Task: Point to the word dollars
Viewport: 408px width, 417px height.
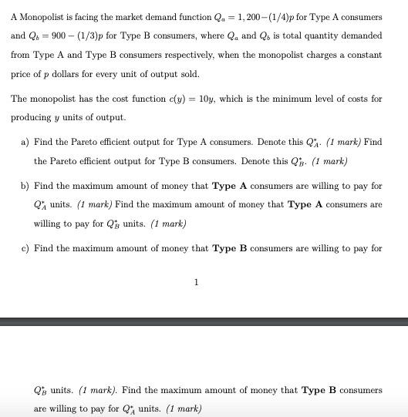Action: [x=62, y=74]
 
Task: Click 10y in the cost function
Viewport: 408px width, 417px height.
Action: [x=207, y=99]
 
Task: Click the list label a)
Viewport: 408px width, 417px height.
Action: [x=26, y=143]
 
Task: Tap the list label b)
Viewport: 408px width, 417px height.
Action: [x=26, y=187]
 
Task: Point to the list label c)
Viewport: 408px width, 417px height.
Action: [x=26, y=248]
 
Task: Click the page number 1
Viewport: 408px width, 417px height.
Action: [x=196, y=282]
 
